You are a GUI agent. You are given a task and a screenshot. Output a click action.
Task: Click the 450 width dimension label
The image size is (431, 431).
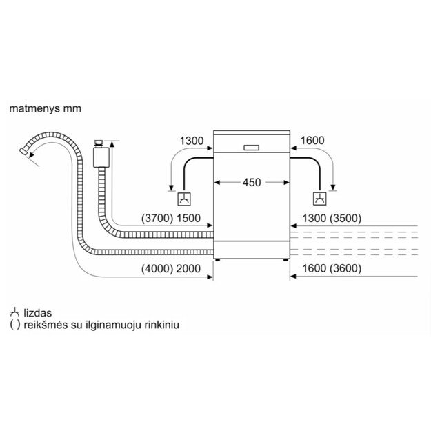(252, 182)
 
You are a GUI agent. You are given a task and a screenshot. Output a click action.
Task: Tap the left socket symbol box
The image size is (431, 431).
(184, 199)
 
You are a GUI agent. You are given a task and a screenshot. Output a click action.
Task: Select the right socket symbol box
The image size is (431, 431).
(320, 199)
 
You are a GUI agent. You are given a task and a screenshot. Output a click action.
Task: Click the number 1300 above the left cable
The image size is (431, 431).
(192, 141)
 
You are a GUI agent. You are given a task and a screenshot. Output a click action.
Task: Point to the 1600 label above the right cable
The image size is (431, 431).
(312, 140)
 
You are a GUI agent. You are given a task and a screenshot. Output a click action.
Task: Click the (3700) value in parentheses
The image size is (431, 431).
(157, 218)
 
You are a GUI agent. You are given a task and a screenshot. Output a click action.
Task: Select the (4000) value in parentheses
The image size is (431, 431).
(157, 268)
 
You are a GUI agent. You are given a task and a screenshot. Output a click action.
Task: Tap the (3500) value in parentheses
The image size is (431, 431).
(345, 218)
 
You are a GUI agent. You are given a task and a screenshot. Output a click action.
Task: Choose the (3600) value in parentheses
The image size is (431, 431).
(345, 268)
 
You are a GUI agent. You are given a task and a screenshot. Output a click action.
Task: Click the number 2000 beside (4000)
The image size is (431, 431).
(188, 268)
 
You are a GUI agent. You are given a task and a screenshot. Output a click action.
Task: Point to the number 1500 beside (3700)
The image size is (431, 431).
(188, 218)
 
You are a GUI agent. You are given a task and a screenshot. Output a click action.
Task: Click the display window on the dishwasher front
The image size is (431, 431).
(251, 148)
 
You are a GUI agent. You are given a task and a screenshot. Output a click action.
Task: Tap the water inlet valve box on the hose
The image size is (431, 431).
(101, 157)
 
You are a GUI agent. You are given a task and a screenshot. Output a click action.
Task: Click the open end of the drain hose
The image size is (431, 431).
(23, 152)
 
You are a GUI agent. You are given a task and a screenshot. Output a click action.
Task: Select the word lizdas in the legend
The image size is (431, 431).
(38, 313)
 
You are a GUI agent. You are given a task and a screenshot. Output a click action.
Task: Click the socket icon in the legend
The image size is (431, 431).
(14, 313)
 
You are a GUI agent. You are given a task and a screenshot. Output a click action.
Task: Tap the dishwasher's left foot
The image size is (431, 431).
(218, 259)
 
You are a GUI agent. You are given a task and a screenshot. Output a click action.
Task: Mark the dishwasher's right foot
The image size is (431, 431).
(286, 259)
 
